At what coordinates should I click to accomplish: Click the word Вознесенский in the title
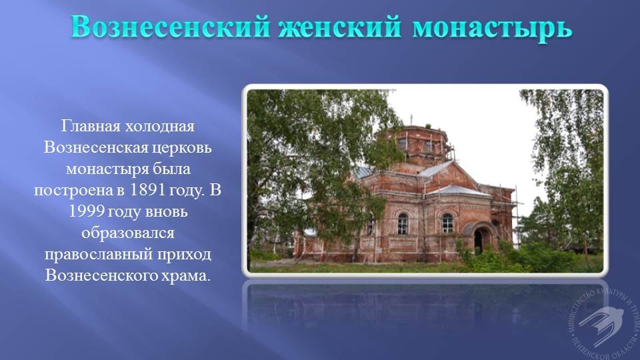pyautogui.click(x=170, y=27)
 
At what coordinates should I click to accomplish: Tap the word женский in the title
pyautogui.click(x=340, y=27)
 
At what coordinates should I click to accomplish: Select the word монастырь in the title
pyautogui.click(x=492, y=28)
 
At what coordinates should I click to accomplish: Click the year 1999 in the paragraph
pyautogui.click(x=84, y=211)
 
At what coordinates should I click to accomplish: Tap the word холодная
pyautogui.click(x=159, y=126)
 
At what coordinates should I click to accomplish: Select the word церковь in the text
pyautogui.click(x=181, y=148)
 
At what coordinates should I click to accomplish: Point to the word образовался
pyautogui.click(x=128, y=233)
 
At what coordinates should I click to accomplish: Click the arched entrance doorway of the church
pyautogui.click(x=479, y=239)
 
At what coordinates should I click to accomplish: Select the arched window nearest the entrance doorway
pyautogui.click(x=448, y=223)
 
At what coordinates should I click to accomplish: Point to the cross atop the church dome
pyautogui.click(x=411, y=119)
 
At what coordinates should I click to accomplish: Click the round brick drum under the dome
pyautogui.click(x=411, y=144)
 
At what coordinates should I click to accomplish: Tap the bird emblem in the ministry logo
pyautogui.click(x=601, y=325)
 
